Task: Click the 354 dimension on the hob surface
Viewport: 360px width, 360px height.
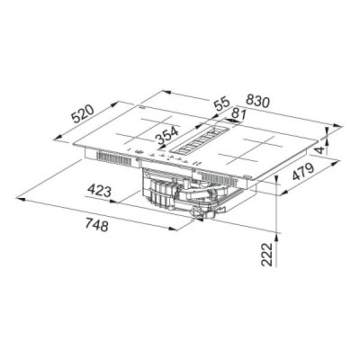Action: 165,137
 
